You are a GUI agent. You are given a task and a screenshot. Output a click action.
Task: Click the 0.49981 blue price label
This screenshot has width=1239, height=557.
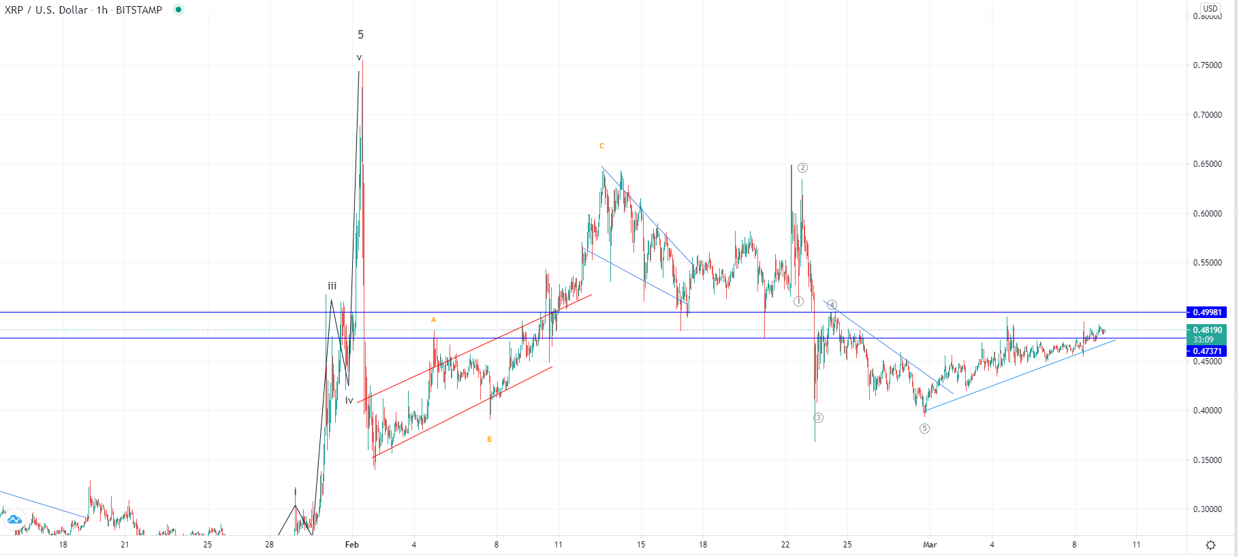click(1206, 313)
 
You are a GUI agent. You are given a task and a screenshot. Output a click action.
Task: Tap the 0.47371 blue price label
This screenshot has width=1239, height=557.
click(1206, 351)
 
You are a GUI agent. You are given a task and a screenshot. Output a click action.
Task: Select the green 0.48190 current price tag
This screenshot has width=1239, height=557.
click(1206, 330)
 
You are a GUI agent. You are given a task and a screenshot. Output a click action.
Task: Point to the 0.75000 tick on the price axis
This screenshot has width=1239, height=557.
click(1207, 65)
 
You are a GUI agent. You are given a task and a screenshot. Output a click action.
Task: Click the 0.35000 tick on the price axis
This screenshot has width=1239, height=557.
click(1207, 460)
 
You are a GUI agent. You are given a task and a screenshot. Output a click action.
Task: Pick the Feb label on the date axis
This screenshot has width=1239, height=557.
click(351, 545)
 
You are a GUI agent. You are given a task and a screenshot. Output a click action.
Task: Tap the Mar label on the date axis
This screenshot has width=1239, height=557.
click(930, 545)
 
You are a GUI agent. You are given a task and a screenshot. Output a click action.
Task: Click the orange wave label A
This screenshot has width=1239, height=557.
click(433, 320)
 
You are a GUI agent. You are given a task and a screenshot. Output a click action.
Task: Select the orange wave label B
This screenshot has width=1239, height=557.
click(489, 440)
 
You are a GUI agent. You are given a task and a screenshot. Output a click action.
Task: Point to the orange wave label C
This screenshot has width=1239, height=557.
click(601, 146)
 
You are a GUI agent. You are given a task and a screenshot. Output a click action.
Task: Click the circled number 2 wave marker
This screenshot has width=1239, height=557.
click(802, 168)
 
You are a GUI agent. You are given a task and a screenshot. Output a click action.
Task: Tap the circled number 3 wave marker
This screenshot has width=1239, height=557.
click(818, 417)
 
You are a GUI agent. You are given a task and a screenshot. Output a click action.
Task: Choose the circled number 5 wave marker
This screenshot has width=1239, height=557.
click(924, 428)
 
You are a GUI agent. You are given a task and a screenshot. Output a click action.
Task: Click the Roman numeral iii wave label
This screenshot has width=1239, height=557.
click(332, 287)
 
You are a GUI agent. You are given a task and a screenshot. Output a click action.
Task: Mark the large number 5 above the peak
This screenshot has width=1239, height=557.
click(360, 35)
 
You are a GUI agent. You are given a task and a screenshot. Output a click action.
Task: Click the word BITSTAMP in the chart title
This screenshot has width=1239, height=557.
click(139, 10)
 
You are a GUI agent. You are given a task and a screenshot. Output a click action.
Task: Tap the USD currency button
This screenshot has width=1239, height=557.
click(1210, 9)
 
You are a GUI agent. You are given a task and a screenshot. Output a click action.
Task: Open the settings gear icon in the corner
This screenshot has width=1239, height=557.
click(1210, 545)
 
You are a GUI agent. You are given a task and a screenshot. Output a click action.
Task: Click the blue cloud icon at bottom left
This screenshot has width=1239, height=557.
click(14, 520)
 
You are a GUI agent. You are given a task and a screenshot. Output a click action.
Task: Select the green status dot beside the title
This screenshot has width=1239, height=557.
click(178, 10)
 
